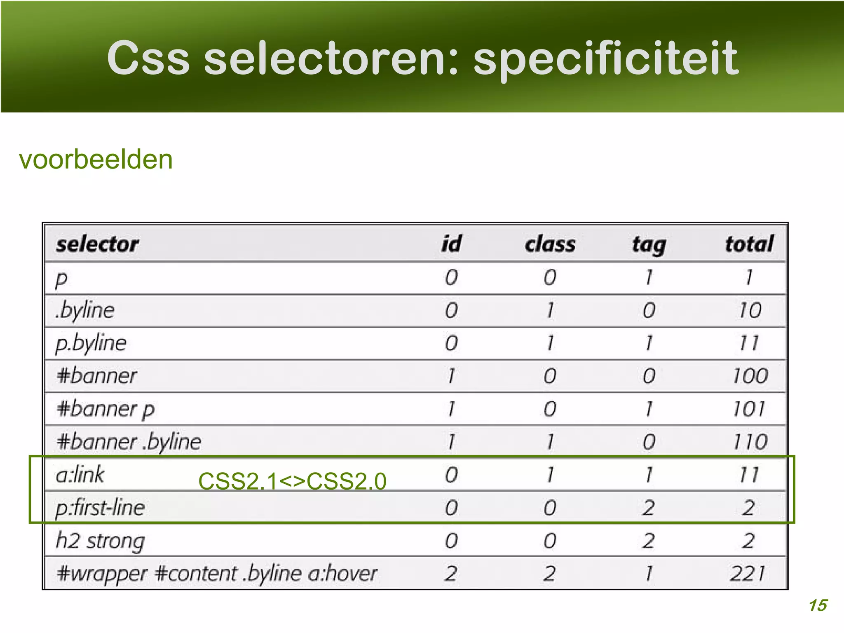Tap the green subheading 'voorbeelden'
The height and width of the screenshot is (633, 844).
pos(96,159)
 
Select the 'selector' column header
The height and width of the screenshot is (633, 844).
pos(98,244)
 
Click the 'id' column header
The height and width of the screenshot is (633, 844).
pos(451,244)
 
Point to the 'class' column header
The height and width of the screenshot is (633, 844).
pos(550,244)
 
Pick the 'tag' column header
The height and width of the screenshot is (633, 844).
pos(649,245)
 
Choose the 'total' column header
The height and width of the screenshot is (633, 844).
pos(749,244)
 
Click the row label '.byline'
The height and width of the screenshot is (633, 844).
pos(85,310)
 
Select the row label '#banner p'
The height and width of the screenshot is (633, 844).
pos(105,409)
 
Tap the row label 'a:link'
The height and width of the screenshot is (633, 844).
pos(80,475)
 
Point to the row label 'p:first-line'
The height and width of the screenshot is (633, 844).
pos(100,508)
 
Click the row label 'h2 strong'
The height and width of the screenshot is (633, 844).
pos(100,541)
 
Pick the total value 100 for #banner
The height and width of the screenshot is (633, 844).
pos(750,376)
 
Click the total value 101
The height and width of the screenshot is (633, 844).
pos(749,409)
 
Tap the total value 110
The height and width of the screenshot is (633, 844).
pos(750,442)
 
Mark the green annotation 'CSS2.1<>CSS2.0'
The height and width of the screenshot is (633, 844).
pos(292,481)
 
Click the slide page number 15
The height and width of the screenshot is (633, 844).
pos(818,605)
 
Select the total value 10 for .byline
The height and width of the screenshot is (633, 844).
pos(750,310)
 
